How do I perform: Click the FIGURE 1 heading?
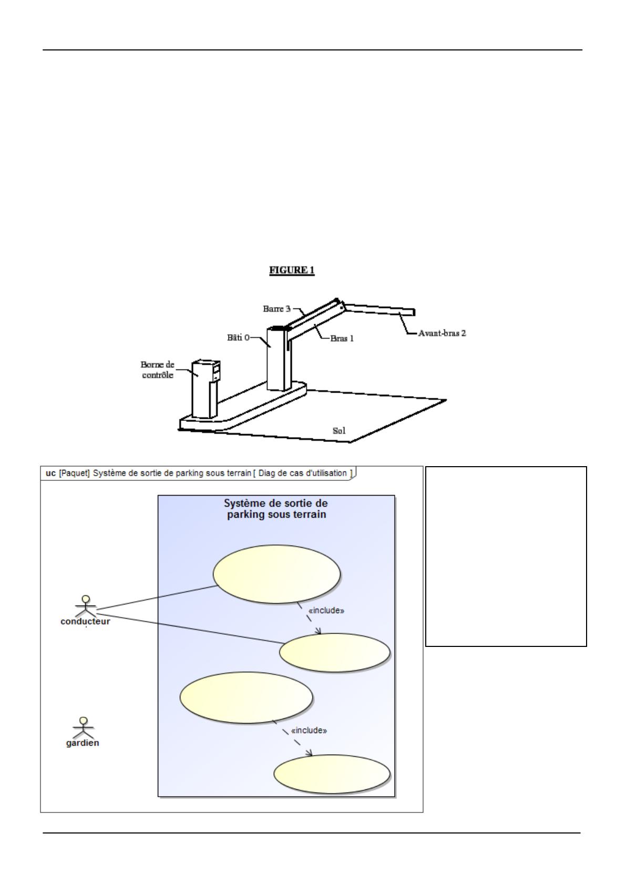[292, 270]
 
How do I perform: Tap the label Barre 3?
[276, 309]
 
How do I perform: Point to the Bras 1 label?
[342, 338]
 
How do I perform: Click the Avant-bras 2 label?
[442, 333]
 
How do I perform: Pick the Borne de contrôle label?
[157, 369]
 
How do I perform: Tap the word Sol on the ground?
[339, 431]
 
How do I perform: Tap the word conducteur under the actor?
[85, 621]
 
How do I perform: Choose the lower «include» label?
[309, 730]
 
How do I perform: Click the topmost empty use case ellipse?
[276, 573]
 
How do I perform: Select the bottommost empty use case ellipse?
[332, 774]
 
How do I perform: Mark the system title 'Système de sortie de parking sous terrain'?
[276, 509]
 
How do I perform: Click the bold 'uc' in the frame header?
[50, 473]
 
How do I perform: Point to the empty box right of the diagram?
[506, 556]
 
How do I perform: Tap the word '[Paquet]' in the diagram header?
[75, 473]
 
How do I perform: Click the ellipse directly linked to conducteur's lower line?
[334, 653]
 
